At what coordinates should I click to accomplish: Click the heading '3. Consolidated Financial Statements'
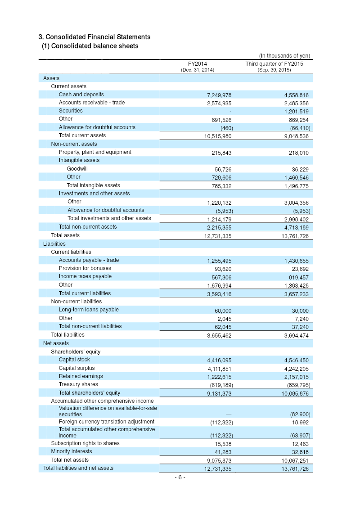point(94,37)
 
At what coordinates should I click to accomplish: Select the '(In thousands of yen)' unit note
point(284,56)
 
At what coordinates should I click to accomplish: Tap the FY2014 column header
point(198,64)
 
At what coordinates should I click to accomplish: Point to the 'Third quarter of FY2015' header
point(274,64)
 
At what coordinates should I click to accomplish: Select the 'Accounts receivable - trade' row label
point(92,103)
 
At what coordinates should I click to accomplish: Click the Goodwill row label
point(77,169)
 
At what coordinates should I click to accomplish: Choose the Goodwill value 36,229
point(299,169)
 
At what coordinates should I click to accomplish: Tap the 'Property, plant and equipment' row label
point(95,152)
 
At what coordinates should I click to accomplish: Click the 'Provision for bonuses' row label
point(85,268)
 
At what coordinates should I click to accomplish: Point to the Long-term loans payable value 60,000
point(221,311)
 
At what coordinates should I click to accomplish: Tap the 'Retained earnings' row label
point(81,376)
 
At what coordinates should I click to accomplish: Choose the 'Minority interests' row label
point(71,451)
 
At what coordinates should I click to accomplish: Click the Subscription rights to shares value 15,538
point(222,444)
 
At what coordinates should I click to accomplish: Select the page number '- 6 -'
point(180,477)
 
